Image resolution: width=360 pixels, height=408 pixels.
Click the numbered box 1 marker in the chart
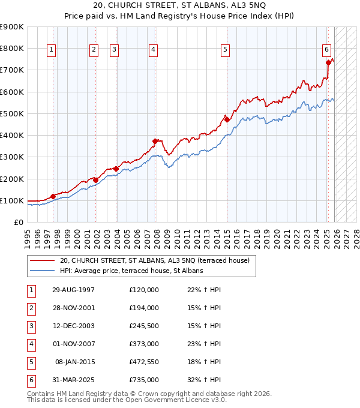[x=52, y=50]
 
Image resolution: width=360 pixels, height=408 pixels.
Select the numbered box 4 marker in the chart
[x=154, y=50]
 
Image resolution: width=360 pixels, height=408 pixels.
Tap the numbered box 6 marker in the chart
[x=326, y=50]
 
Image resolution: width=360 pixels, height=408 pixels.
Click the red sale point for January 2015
[x=227, y=120]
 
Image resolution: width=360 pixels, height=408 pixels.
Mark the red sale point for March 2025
[x=328, y=62]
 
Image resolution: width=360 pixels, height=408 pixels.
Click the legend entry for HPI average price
[x=131, y=271]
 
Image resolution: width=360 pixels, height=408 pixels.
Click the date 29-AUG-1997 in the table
[x=73, y=290]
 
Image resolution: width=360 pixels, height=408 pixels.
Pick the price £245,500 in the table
[x=144, y=326]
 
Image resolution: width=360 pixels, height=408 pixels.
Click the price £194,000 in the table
[x=144, y=308]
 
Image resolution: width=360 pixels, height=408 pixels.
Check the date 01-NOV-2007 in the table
[x=73, y=344]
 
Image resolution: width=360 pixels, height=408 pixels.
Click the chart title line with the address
[x=181, y=6]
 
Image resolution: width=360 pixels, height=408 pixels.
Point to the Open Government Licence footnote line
[x=127, y=400]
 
